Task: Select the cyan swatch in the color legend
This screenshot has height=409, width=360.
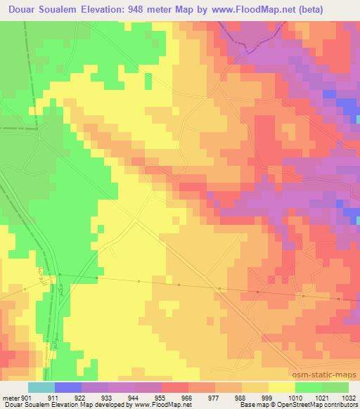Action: coord(41,387)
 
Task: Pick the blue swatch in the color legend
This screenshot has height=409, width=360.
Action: coord(68,387)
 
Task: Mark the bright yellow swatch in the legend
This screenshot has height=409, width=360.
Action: coord(281,387)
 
